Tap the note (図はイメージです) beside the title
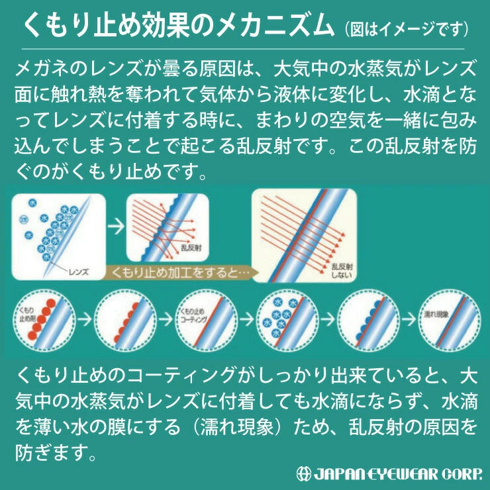pyautogui.click(x=407, y=30)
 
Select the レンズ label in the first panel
pyautogui.click(x=78, y=271)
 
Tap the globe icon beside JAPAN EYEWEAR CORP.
pyautogui.click(x=305, y=474)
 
